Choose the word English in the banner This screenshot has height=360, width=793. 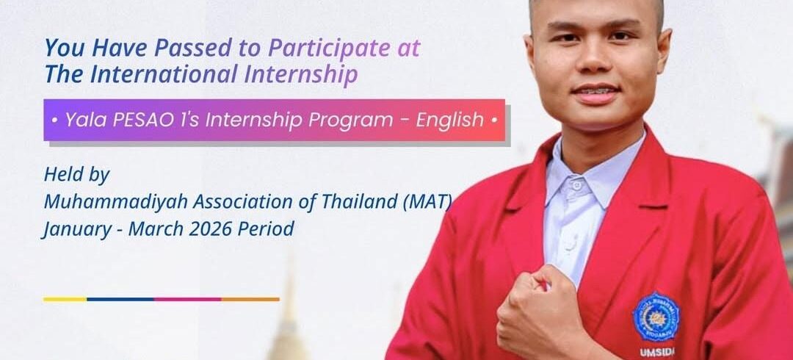pos(449,120)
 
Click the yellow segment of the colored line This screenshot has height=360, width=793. pos(65,299)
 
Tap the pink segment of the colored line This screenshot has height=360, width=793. pos(187,299)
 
